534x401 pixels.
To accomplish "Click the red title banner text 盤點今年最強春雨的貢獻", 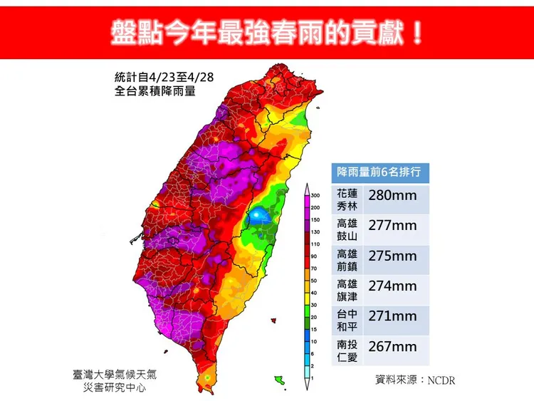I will pyautogui.click(x=266, y=31).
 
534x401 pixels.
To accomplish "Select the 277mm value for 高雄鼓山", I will pyautogui.click(x=391, y=226).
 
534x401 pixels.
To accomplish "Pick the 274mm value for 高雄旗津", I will pyautogui.click(x=391, y=286).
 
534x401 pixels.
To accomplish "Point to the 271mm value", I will pyautogui.click(x=391, y=316).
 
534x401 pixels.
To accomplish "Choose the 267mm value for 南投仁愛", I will pyautogui.click(x=391, y=346).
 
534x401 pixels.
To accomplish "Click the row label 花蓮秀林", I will pyautogui.click(x=347, y=199).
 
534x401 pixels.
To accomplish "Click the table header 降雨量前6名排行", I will pyautogui.click(x=379, y=172).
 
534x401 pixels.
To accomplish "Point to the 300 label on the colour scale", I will pyautogui.click(x=316, y=194).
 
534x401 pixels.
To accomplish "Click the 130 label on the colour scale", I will pyautogui.click(x=316, y=231).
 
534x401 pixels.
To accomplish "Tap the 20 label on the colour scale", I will pyautogui.click(x=314, y=317).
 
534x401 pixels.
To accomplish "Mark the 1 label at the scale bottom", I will pyautogui.click(x=313, y=377).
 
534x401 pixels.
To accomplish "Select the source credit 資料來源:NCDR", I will pyautogui.click(x=415, y=380).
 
